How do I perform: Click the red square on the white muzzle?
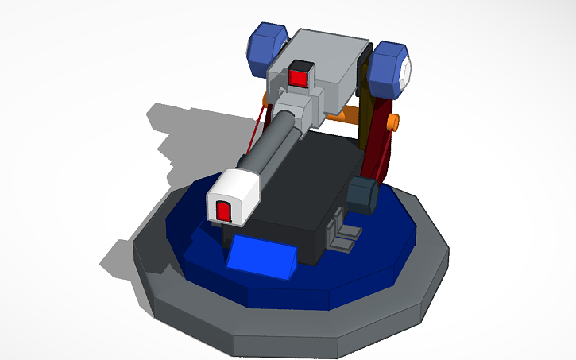point(224,211)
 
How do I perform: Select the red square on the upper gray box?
point(299,78)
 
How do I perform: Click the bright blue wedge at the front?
point(262,256)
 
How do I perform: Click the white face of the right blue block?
point(407,71)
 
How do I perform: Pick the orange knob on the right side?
point(392,122)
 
